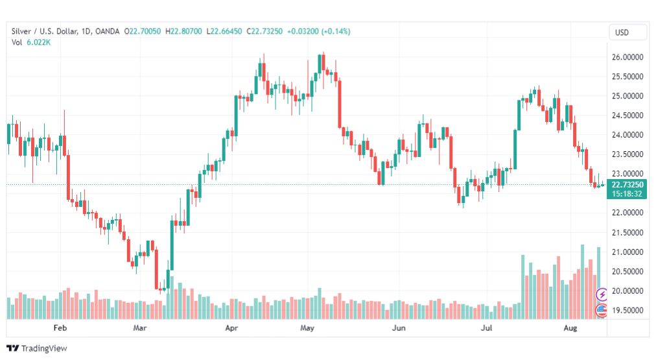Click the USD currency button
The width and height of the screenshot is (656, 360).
(627, 32)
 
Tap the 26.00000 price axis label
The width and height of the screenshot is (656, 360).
(627, 57)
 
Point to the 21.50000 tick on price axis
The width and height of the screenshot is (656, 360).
(627, 232)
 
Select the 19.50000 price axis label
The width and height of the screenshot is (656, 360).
(627, 310)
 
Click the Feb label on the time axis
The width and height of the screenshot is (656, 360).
(60, 329)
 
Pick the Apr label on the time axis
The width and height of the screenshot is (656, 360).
(232, 329)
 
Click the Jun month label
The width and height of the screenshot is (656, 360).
(399, 329)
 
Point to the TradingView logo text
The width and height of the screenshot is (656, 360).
(44, 348)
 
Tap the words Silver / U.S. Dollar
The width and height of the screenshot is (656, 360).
(44, 30)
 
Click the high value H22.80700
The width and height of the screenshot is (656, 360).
(183, 30)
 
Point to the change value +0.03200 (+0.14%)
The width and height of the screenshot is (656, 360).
(318, 30)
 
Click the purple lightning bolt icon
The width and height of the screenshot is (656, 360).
(602, 294)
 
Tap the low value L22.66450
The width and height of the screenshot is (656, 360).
(224, 30)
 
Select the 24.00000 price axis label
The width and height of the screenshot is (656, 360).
(627, 135)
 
